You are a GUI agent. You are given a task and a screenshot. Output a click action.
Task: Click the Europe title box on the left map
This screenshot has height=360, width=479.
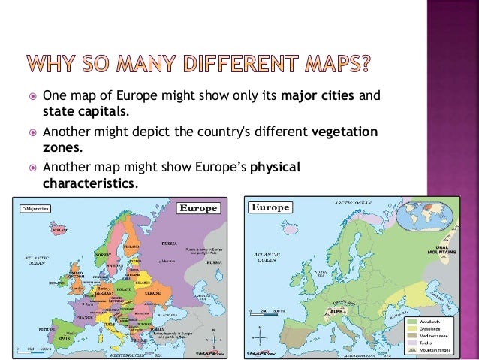pos(196,207)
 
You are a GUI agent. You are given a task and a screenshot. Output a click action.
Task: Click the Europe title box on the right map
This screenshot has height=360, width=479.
pos(270,207)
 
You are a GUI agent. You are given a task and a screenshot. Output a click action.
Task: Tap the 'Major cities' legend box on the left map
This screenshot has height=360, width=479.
pos(35,208)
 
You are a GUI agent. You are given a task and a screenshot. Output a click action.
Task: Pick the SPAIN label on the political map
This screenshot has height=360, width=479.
pos(65,339)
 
